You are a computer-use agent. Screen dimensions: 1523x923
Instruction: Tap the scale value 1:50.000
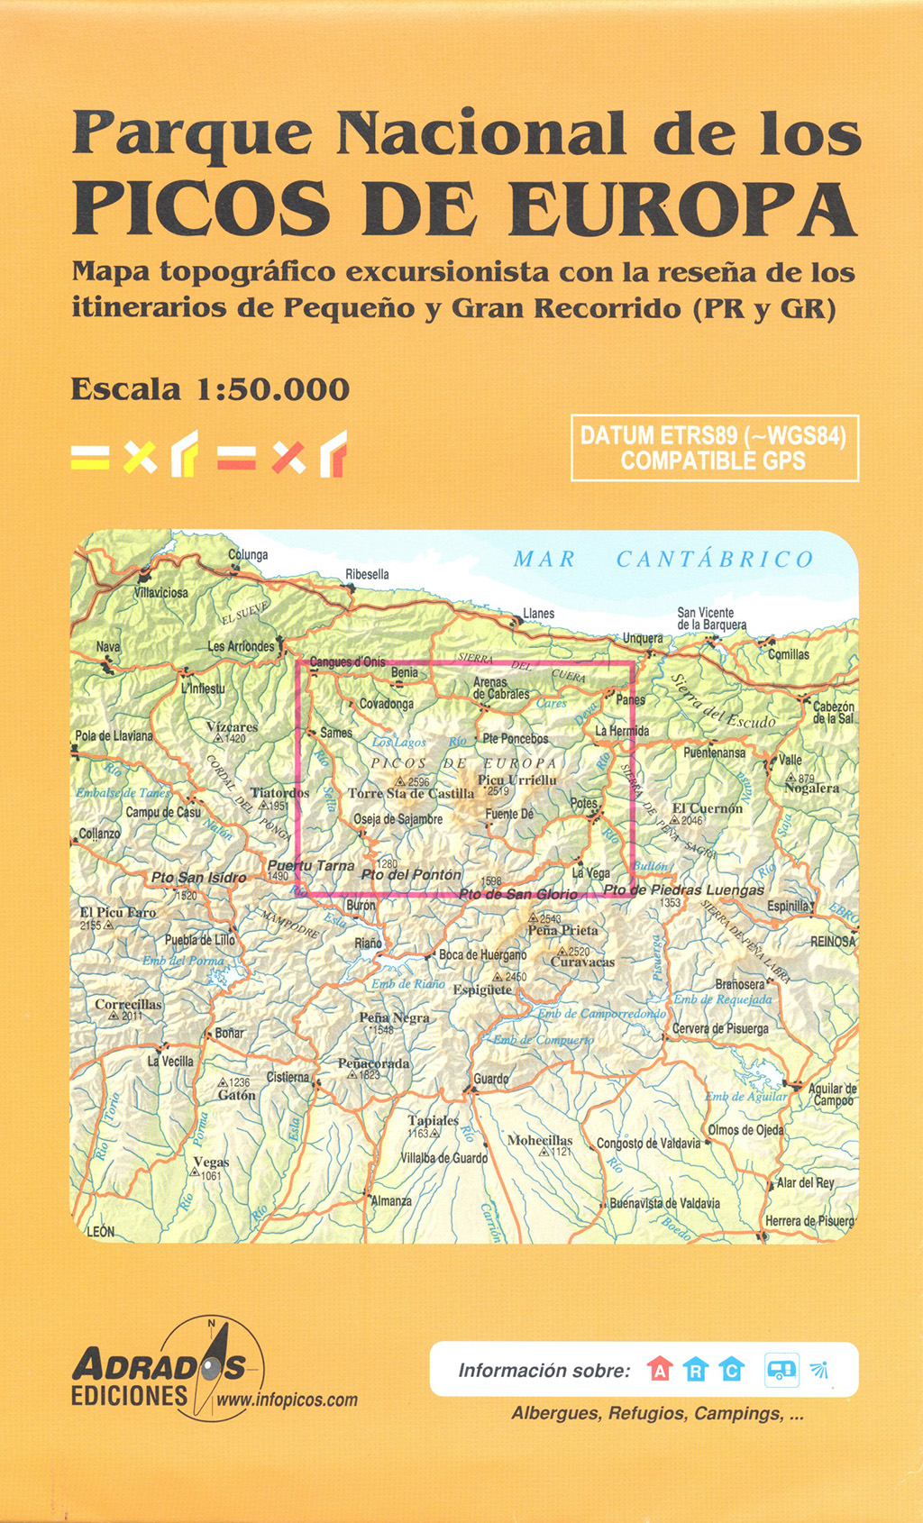click(x=273, y=389)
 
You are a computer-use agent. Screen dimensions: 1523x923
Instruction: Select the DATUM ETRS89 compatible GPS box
click(x=714, y=448)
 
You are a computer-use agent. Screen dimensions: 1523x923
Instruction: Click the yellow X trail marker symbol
click(x=140, y=458)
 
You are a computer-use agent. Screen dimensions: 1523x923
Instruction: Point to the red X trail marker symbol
click(x=288, y=458)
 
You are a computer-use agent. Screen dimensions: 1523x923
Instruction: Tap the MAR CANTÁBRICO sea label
click(x=663, y=560)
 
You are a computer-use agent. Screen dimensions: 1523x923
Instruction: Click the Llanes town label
click(x=539, y=614)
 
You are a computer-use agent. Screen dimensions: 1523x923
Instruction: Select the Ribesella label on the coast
click(x=367, y=574)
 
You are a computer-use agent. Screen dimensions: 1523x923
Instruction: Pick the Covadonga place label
click(x=387, y=704)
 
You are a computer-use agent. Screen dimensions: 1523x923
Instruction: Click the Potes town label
click(x=583, y=803)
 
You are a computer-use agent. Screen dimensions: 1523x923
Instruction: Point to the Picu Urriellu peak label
click(x=516, y=780)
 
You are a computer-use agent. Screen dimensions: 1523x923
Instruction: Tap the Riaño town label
click(x=368, y=943)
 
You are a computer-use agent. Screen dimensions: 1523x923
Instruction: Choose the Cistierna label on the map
click(x=288, y=1077)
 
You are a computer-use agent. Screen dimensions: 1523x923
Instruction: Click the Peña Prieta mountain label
click(x=562, y=930)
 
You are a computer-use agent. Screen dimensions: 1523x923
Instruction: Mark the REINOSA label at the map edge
click(x=832, y=941)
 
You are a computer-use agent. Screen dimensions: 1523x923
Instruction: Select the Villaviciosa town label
click(x=161, y=593)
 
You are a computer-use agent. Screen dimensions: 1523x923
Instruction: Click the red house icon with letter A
click(x=660, y=1370)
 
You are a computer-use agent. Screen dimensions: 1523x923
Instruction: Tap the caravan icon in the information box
click(x=781, y=1370)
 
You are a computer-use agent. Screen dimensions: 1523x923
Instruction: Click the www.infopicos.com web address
click(x=287, y=1400)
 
